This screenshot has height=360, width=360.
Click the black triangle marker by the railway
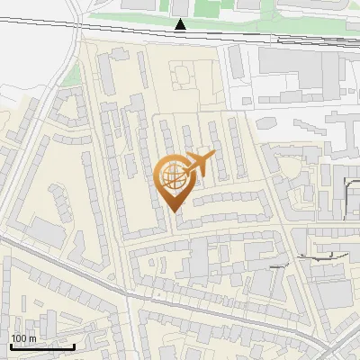tap(181, 25)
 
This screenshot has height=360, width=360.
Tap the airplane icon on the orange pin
tap(196, 165)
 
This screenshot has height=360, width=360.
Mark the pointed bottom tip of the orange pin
tap(175, 211)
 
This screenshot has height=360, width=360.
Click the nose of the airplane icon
tap(212, 157)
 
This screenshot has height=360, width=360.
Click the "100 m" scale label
tap(23, 338)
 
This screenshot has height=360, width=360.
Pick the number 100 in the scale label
tap(19, 338)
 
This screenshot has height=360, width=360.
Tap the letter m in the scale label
tap(32, 338)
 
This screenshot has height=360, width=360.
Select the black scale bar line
tap(41, 346)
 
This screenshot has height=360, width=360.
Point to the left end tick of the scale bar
tap(10, 345)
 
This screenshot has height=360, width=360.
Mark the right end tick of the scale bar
tap(74, 345)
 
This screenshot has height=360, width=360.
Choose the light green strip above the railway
tap(135, 17)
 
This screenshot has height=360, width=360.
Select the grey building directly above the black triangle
tap(181, 6)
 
